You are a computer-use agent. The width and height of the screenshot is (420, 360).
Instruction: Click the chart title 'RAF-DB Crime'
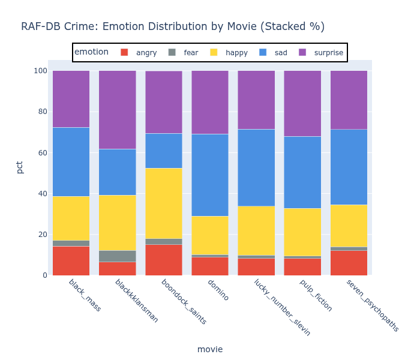(173, 26)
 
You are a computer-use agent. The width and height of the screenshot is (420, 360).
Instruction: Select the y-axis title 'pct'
(20, 166)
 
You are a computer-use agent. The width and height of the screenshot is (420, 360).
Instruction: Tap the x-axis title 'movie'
(210, 349)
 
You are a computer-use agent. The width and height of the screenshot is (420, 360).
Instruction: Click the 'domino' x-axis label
(218, 289)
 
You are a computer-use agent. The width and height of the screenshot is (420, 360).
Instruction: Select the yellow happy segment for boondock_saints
(164, 203)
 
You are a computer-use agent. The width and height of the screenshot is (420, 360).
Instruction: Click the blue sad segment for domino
(210, 175)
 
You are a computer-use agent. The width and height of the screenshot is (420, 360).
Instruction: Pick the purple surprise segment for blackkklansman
(117, 110)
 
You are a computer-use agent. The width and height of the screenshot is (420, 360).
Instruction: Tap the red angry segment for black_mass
(71, 260)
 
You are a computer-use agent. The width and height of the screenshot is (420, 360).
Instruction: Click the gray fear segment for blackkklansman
(117, 256)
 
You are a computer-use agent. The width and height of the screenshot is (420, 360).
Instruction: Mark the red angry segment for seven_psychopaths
(349, 263)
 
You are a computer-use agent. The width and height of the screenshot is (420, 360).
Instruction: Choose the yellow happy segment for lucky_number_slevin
(256, 231)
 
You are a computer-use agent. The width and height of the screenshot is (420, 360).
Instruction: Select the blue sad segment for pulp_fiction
(302, 172)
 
